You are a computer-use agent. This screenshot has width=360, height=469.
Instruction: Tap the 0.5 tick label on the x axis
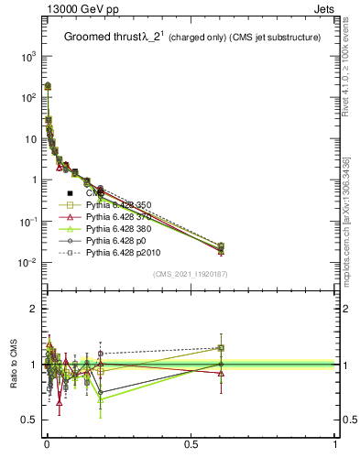[191, 444]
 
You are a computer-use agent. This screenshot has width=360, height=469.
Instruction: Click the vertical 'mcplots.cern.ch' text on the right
[352, 229]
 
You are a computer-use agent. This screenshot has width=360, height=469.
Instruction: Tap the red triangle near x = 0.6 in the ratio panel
[221, 373]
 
